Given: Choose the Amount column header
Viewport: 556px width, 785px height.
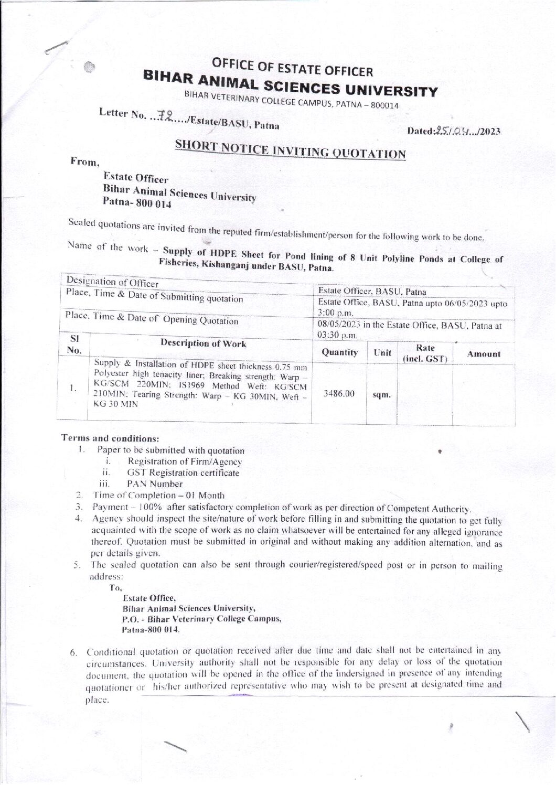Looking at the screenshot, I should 484,354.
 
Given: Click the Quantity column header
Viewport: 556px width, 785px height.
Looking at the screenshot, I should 340,352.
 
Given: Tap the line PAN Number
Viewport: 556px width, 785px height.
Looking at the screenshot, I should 155,484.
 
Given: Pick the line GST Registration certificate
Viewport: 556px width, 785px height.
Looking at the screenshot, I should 183,472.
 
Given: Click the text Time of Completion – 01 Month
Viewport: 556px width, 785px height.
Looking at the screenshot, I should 158,495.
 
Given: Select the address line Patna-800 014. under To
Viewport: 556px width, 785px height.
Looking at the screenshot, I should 151,629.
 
